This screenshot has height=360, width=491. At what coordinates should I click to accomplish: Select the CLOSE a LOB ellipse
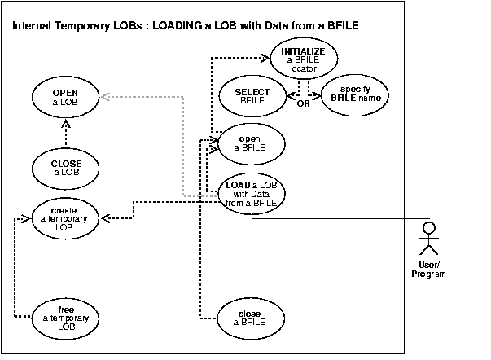pos(67,168)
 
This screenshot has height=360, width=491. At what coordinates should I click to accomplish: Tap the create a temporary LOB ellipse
pos(67,217)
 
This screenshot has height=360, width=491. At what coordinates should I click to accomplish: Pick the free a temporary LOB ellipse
pos(67,314)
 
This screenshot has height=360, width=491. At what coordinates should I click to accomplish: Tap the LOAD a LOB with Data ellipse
pos(252,194)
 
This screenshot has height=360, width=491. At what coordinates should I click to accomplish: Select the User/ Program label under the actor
pos(428,269)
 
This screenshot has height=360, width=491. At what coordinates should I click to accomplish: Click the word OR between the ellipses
pos(303,104)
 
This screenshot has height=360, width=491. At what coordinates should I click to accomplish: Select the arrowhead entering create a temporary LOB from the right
pos(105,217)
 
